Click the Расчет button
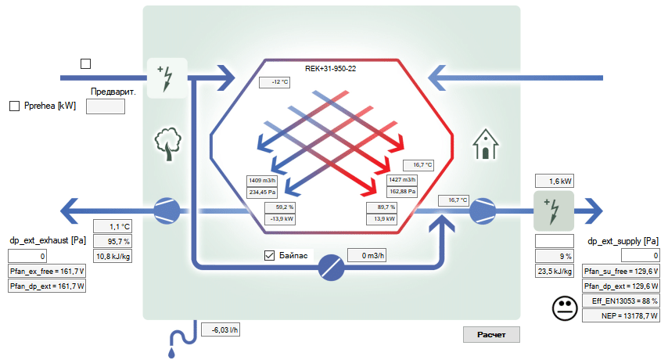click(491, 335)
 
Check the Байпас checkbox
click(270, 255)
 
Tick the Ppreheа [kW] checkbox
click(14, 106)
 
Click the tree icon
click(167, 145)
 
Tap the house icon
click(485, 145)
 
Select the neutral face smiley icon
click(564, 308)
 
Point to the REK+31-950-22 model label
click(331, 69)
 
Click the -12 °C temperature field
click(275, 82)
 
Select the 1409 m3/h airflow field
click(263, 180)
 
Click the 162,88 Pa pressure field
click(403, 191)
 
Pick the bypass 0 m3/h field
click(367, 255)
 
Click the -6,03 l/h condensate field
click(224, 330)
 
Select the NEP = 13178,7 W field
click(620, 315)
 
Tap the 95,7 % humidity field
click(113, 241)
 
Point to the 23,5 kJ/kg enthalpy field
click(554, 271)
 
